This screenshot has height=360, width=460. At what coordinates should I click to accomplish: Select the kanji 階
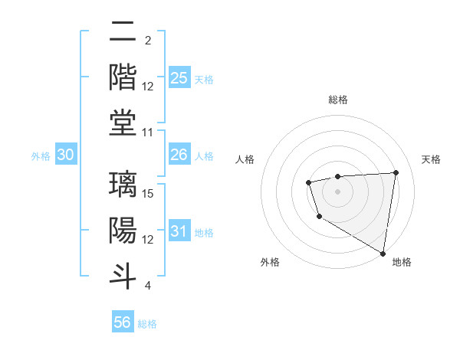(123, 77)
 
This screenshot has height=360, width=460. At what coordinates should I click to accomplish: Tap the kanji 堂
(123, 123)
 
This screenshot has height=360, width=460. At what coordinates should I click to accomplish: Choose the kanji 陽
(123, 230)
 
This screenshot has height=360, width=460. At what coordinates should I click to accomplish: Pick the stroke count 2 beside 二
(147, 41)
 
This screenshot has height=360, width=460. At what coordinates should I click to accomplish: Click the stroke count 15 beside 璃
(149, 193)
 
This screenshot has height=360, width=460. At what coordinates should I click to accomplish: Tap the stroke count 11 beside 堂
(149, 133)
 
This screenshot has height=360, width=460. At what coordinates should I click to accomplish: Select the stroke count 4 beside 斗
(147, 286)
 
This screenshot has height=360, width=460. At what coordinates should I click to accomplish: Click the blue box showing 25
(179, 78)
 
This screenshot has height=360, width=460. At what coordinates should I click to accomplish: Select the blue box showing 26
(179, 155)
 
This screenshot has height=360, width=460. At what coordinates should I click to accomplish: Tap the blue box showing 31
(179, 231)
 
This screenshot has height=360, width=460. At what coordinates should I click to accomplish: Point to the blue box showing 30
(66, 155)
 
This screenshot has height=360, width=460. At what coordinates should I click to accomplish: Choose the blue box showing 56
(123, 322)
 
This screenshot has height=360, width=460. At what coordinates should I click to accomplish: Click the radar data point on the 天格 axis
(396, 172)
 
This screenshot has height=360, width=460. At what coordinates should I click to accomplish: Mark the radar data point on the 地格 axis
(383, 253)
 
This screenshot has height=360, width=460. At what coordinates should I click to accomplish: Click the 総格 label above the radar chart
(338, 100)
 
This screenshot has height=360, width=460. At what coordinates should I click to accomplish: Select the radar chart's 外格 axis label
(270, 262)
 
